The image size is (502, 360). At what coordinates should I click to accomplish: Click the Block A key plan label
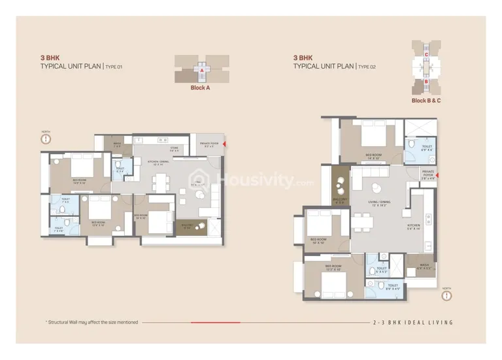coord(199,88)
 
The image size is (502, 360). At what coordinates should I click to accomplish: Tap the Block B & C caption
coord(426,101)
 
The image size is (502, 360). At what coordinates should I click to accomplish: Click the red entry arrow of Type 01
coord(225,143)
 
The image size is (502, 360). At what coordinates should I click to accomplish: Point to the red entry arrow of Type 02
coord(439,174)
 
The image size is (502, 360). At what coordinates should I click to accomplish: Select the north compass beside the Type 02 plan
coord(447,293)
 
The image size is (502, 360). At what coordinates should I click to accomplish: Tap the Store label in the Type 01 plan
coord(175,150)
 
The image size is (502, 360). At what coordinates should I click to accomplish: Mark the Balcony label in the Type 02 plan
coord(339,200)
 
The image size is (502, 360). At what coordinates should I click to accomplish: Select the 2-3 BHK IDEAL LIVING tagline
coord(412,322)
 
